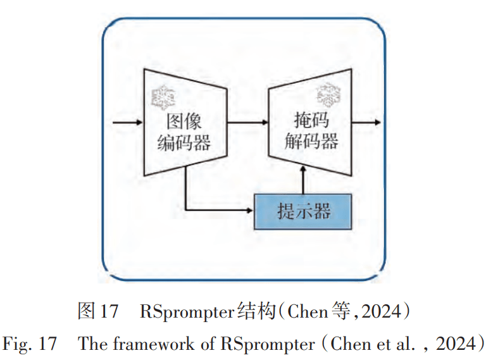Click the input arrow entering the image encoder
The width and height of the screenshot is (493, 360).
click(127, 123)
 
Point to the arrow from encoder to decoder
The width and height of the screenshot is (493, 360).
click(247, 123)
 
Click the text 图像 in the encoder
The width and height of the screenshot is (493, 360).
click(184, 122)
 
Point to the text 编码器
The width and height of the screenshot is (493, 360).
click(184, 144)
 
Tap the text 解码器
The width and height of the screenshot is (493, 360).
click(311, 141)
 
